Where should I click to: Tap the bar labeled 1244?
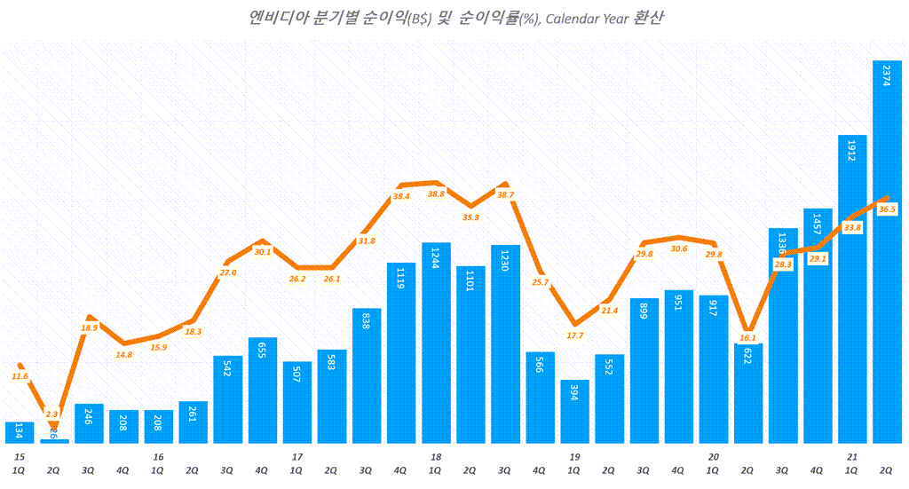pos(436,343)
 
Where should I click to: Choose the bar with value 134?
pos(20,432)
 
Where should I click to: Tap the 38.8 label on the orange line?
pos(436,193)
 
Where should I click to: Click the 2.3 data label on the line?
pos(52,414)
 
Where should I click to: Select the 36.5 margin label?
pos(888,209)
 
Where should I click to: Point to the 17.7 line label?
pos(574,335)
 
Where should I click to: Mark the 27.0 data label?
pos(227,272)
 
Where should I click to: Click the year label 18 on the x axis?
pos(436,456)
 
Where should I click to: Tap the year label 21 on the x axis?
pos(852,456)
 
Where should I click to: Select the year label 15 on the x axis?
pos(19,456)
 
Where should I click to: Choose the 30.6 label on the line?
pos(678,249)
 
